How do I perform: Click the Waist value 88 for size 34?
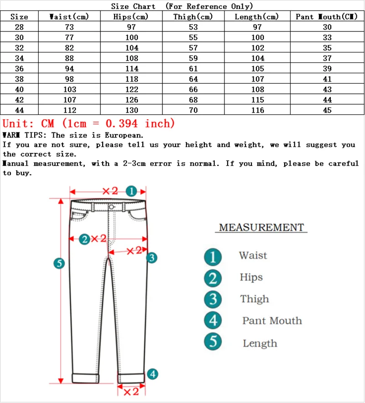point(70,58)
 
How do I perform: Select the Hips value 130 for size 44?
point(131,110)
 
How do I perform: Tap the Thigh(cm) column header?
point(193,17)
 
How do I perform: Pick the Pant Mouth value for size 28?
point(327,27)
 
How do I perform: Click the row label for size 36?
point(19,69)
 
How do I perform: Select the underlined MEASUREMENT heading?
point(261,227)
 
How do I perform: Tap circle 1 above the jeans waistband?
point(131,191)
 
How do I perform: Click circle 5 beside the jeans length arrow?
point(59,263)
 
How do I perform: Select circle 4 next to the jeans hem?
point(152,374)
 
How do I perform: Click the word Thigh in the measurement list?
point(255,299)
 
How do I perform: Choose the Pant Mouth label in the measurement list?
point(272,321)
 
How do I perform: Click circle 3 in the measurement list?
point(213,300)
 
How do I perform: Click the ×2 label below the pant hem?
point(131,391)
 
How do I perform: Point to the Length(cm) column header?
point(256,17)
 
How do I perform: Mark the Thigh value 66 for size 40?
point(193,90)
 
